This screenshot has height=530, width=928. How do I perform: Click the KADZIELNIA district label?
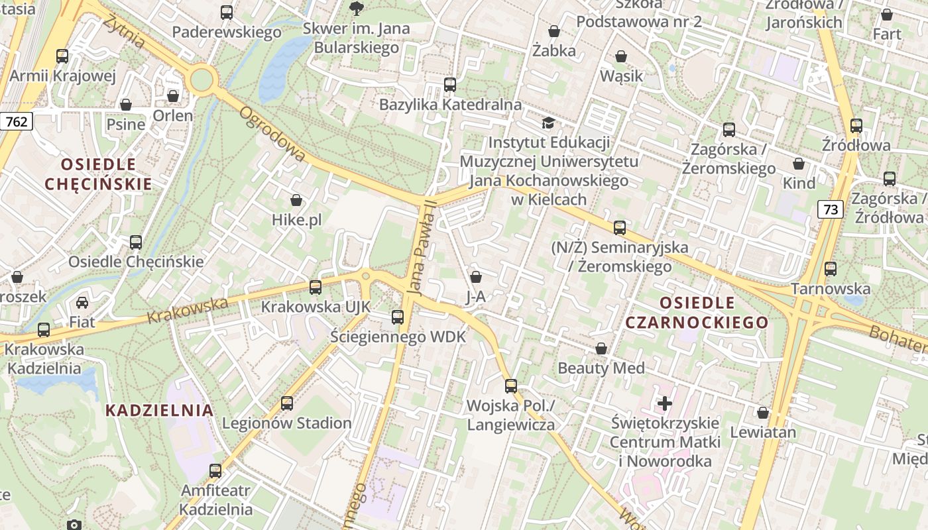(x=160, y=410)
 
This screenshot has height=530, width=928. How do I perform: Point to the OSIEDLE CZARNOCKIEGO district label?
(x=697, y=313)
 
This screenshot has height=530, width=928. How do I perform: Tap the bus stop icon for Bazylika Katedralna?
(x=450, y=85)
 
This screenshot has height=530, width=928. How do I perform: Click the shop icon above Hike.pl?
(x=296, y=200)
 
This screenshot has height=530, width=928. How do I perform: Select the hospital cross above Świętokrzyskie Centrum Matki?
(x=664, y=403)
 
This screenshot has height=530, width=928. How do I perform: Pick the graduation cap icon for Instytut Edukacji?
(x=548, y=123)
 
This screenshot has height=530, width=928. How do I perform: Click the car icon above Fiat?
(x=82, y=303)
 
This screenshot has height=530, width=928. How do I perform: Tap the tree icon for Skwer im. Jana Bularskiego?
(x=356, y=8)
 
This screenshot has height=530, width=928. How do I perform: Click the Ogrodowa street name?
(x=272, y=134)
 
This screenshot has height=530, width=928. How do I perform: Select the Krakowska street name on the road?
(x=188, y=309)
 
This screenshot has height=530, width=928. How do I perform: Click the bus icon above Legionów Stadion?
(x=287, y=403)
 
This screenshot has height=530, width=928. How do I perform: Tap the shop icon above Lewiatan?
(x=763, y=413)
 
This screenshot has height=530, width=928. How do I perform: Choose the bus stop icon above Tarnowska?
(x=831, y=269)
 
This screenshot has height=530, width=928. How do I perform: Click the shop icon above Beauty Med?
(x=601, y=348)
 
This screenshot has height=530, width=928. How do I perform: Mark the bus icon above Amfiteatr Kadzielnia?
(x=215, y=471)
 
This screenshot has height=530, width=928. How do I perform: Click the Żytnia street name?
(x=124, y=30)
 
